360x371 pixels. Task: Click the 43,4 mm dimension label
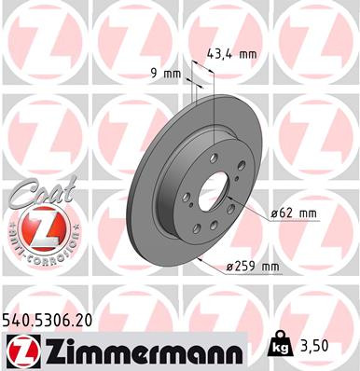pyautogui.click(x=233, y=54)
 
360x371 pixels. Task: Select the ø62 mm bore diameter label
pyautogui.click(x=294, y=213)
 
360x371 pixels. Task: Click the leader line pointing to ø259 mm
pyautogui.click(x=210, y=261)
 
